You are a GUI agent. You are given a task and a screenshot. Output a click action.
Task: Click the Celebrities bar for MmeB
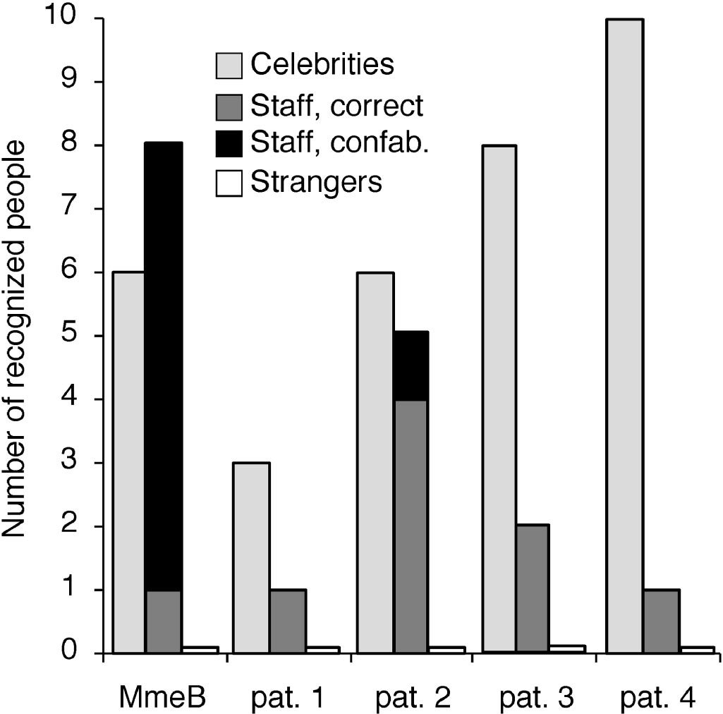pyautogui.click(x=129, y=462)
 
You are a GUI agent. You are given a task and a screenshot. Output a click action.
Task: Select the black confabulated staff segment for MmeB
pyautogui.click(x=164, y=367)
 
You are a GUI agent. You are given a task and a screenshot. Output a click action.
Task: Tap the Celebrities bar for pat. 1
pyautogui.click(x=252, y=557)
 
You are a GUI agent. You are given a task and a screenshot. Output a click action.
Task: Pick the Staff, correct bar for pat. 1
pyautogui.click(x=288, y=621)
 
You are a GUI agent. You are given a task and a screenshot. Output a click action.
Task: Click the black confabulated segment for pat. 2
pyautogui.click(x=411, y=365)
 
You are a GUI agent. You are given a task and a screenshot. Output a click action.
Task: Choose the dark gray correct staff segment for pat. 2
pyautogui.click(x=411, y=526)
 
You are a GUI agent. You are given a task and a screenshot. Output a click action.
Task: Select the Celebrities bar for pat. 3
pyautogui.click(x=499, y=399)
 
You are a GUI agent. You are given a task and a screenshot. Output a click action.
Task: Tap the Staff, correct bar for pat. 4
pyautogui.click(x=661, y=621)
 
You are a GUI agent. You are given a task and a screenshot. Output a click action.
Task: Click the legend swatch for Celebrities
pyautogui.click(x=229, y=66)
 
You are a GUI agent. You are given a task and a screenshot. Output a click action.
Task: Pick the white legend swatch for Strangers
pyautogui.click(x=229, y=183)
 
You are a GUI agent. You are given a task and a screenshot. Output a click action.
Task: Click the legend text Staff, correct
pyautogui.click(x=336, y=105)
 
